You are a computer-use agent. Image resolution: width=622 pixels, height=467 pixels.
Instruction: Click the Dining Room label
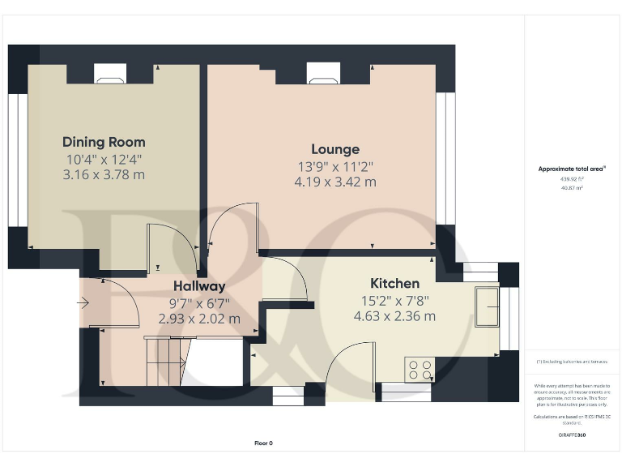[104, 142]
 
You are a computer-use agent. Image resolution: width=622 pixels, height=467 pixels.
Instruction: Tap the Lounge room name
[335, 149]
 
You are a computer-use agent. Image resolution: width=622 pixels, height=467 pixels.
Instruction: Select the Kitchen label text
[394, 283]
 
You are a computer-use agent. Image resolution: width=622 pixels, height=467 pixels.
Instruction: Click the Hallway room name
[198, 286]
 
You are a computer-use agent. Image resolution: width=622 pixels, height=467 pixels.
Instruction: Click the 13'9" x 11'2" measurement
[335, 166]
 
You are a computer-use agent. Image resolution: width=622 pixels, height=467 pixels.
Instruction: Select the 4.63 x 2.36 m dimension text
[394, 316]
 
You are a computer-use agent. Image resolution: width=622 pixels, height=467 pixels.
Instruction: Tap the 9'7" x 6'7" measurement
[198, 303]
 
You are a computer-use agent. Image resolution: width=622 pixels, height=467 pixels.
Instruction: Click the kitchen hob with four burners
[420, 370]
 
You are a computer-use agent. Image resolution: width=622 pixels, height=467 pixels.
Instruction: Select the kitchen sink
[488, 306]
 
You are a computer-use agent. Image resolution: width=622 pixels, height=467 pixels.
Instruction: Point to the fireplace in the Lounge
[318, 75]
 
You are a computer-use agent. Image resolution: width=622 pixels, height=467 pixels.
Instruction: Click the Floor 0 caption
[263, 443]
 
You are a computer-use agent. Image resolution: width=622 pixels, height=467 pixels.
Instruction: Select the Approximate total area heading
[573, 169]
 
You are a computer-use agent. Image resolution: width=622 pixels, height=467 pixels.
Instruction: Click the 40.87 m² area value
[572, 187]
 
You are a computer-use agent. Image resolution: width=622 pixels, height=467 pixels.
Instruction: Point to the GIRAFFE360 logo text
[572, 435]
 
